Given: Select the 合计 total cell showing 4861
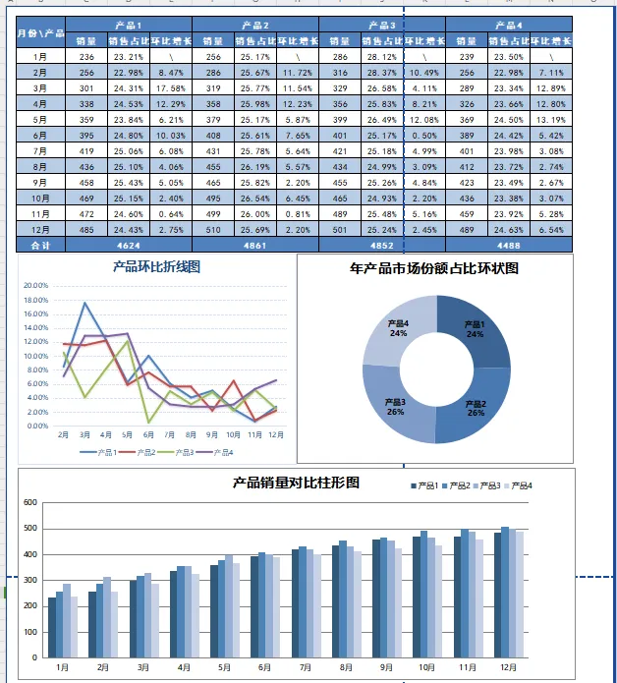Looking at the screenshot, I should pos(254,243).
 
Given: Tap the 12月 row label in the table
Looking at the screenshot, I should pos(40,228).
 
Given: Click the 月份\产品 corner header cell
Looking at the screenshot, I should pos(40,32).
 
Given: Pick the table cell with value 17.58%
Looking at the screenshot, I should pos(170,87).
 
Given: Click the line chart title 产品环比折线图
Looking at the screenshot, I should pos(157,266).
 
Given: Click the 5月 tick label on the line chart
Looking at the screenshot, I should pos(127,433).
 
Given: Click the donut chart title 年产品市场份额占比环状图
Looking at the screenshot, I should pos(434,267).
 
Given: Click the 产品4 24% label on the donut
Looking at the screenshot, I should pos(398,328).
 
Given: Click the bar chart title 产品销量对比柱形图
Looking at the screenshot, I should pos(296,483).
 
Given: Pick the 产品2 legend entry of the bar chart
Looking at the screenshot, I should pos(458,486).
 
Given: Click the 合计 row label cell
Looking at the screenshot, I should pos(40,243).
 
